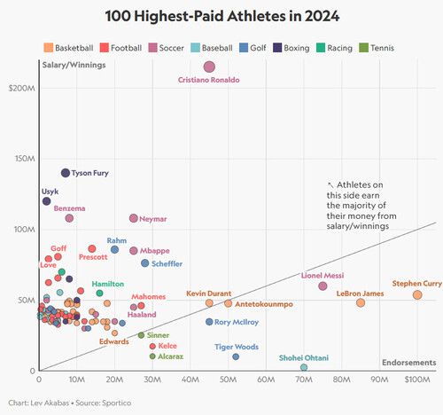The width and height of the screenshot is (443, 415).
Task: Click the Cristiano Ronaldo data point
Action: (x=209, y=67)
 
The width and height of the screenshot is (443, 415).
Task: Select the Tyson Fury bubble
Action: (x=65, y=173)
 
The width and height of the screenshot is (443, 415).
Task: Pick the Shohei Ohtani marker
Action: (x=304, y=367)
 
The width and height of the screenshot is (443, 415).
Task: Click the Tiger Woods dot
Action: (x=236, y=356)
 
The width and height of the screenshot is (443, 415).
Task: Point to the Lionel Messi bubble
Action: (x=323, y=286)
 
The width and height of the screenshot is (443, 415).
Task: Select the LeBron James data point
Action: (x=361, y=302)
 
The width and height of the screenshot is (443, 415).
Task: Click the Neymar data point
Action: (x=134, y=218)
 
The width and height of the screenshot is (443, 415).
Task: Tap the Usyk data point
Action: (x=46, y=201)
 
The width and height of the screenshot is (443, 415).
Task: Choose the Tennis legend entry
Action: (x=378, y=47)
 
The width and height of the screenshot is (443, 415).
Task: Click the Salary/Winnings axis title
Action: (x=70, y=63)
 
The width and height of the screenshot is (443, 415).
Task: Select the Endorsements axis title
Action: (x=408, y=362)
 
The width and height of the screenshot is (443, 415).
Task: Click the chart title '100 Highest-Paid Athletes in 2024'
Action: (x=221, y=16)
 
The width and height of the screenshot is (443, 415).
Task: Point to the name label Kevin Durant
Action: (x=208, y=293)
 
